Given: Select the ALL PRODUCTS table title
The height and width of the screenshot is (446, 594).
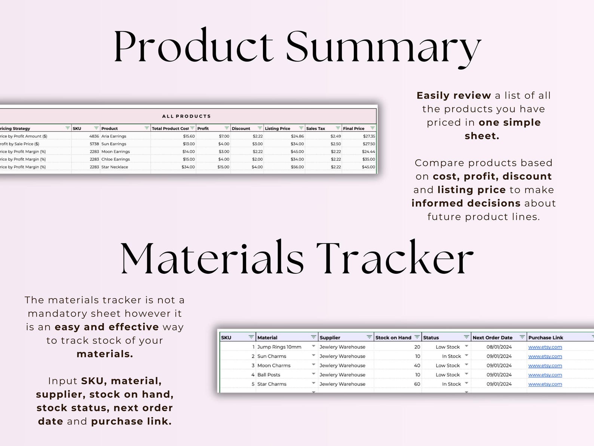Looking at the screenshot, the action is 186,116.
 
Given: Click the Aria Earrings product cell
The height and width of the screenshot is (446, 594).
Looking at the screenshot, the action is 114,136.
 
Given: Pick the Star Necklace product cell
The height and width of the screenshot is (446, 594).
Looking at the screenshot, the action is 115,167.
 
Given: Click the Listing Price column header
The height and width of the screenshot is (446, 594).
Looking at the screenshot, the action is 278,128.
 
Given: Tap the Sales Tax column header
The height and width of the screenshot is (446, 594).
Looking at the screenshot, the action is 316,128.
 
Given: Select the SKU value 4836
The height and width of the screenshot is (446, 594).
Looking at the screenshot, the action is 94,136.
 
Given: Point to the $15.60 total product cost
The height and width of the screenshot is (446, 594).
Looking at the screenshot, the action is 189,136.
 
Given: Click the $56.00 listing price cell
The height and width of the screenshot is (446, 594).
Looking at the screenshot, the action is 297,167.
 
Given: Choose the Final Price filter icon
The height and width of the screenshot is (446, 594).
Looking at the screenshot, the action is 372,128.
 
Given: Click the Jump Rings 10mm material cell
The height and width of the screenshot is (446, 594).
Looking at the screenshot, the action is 279,347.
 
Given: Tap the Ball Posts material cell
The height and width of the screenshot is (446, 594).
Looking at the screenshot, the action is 269,375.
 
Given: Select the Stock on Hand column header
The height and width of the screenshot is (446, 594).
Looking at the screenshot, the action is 393,338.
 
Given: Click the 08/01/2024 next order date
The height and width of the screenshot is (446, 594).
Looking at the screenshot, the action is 499,347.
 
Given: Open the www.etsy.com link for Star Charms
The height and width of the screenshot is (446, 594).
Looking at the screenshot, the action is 545,384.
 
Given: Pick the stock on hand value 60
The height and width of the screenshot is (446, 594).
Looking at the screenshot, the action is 417,384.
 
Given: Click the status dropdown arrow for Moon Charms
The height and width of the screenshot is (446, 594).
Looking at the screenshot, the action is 466,365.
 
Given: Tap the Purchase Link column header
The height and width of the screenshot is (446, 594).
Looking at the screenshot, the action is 546,338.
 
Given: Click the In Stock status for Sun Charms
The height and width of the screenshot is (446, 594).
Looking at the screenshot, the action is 451,357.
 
